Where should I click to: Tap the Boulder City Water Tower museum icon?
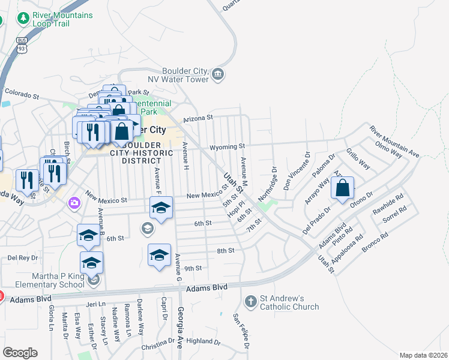(218, 75)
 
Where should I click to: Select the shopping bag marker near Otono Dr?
(342, 188)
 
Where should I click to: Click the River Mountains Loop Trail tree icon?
(24, 19)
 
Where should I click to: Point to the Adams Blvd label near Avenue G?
(207, 289)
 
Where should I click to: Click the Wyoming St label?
(227, 146)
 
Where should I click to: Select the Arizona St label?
(198, 118)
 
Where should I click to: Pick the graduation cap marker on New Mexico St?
(160, 208)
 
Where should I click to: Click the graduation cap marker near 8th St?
(159, 255)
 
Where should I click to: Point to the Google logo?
(20, 352)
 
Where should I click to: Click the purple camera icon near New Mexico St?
(74, 202)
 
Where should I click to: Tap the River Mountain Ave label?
(394, 141)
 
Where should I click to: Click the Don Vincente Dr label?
(295, 172)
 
